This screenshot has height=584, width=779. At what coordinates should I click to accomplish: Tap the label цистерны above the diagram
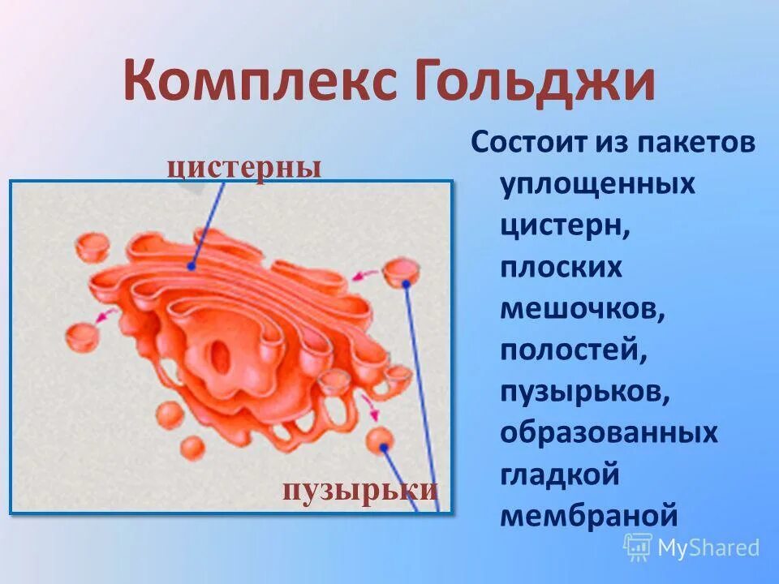[244, 167]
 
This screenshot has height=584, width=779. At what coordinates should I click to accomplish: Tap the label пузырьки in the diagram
[360, 489]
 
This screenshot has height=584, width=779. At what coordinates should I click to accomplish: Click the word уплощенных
[598, 184]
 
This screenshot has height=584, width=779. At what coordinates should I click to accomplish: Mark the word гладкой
[560, 474]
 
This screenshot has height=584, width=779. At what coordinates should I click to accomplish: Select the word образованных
[609, 432]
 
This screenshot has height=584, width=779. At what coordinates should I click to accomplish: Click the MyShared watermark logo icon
[638, 547]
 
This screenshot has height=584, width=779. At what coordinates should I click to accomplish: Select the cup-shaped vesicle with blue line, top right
[399, 271]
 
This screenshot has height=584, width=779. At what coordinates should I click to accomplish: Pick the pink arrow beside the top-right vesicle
[365, 275]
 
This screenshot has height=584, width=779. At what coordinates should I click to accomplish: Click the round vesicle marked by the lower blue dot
[379, 440]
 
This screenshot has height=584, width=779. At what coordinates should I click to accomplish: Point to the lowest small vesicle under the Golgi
[192, 448]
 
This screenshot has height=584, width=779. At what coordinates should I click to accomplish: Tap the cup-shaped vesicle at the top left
[93, 243]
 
